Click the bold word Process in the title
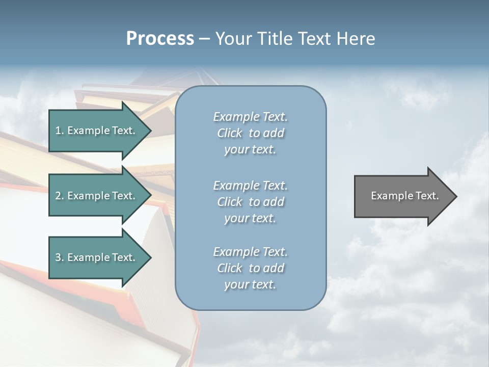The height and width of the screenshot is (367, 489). coord(160,39)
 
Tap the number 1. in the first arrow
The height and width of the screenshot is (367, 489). coord(60,131)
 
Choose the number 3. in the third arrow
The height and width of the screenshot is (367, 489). coord(60,258)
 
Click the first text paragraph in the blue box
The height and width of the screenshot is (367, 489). coord(250,133)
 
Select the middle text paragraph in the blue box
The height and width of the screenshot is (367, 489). coord(250,202)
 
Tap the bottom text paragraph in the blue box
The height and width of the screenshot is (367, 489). coord(250,268)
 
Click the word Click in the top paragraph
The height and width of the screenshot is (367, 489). coord(230,134)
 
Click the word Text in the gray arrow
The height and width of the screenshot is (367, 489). coord(428,196)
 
